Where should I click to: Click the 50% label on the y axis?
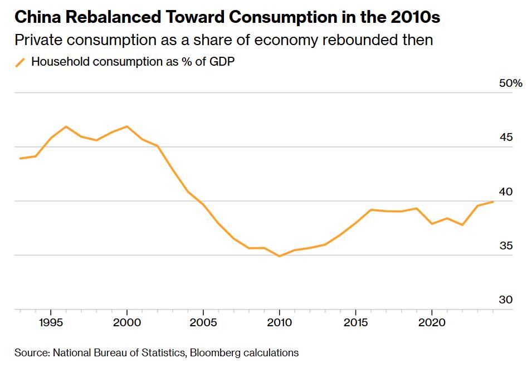(x=510, y=84)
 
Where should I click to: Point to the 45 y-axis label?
(x=505, y=138)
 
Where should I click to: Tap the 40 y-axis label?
(x=505, y=192)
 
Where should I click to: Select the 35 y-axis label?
(x=505, y=246)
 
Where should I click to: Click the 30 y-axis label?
(x=505, y=300)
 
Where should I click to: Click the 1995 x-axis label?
(x=51, y=322)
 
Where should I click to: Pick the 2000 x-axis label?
(x=127, y=322)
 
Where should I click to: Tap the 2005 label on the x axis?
(x=203, y=322)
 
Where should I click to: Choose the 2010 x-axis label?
(x=280, y=322)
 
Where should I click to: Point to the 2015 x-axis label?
(x=356, y=322)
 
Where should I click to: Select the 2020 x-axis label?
(x=432, y=322)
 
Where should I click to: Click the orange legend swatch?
(x=21, y=62)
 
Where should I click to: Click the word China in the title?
(x=37, y=17)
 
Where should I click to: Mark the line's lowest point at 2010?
(x=280, y=256)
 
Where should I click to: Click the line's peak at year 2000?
(x=127, y=126)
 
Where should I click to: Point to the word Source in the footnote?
(x=31, y=352)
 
